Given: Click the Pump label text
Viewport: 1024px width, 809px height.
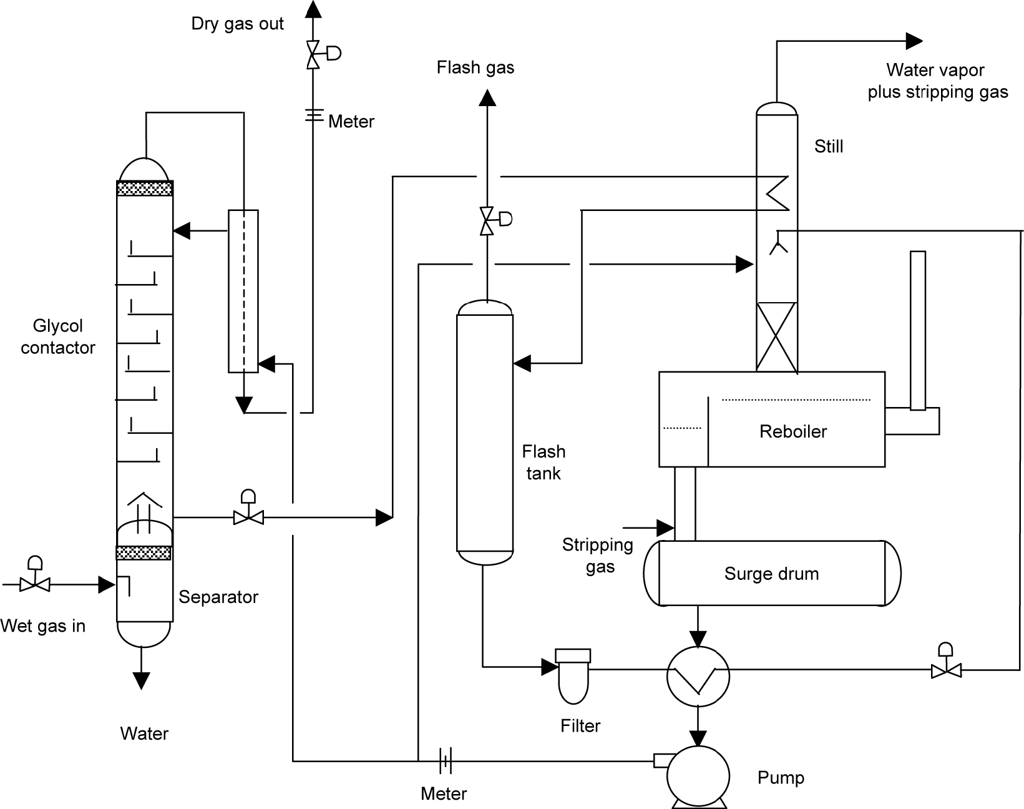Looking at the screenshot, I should [780, 778].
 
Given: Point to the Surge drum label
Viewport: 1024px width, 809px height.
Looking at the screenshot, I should [771, 574].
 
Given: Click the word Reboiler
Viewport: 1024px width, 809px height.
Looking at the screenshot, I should [792, 431].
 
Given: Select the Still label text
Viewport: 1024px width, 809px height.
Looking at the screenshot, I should [828, 147].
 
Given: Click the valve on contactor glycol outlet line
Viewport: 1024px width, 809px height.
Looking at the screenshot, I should [248, 516].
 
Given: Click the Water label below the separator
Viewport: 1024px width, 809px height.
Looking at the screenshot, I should [144, 733].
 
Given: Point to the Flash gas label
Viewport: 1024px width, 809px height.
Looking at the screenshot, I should [475, 67].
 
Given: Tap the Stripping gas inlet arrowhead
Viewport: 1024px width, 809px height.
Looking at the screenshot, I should [666, 528].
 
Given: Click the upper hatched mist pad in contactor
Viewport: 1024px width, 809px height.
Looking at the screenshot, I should [145, 189].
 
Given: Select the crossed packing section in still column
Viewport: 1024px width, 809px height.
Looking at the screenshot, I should [776, 337].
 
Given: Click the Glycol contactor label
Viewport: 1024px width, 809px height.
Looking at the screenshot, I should [57, 336].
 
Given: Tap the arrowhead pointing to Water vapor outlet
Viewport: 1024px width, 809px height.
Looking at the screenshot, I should [914, 41].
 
